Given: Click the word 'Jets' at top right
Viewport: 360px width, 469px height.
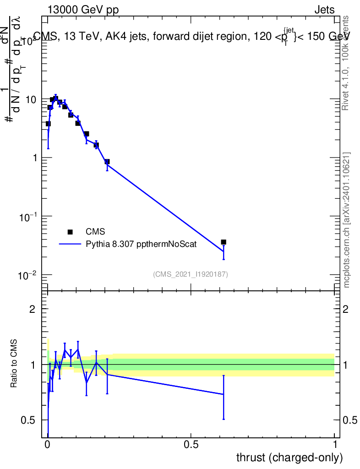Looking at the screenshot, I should [x=324, y=10].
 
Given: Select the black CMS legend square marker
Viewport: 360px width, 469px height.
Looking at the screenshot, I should [x=70, y=232].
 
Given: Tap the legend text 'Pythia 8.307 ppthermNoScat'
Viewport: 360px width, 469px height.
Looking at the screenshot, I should [x=141, y=244].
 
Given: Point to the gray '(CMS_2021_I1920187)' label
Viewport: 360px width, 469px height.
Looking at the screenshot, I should [x=191, y=274].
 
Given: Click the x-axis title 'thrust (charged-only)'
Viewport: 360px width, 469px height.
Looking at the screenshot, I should [x=289, y=458].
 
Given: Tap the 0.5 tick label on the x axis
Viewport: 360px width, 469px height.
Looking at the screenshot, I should [x=191, y=445].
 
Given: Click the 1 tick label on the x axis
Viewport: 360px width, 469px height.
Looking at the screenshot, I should [x=334, y=445].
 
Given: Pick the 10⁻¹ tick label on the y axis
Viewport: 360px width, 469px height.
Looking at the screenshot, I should [x=30, y=216].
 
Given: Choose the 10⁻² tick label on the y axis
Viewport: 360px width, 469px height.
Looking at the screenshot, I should [x=30, y=275].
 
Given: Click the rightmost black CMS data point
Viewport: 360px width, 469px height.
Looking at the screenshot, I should [x=224, y=242].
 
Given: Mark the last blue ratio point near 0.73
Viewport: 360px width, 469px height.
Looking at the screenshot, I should [x=224, y=394].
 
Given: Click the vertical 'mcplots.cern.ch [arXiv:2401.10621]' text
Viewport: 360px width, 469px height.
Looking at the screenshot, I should [x=347, y=220].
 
